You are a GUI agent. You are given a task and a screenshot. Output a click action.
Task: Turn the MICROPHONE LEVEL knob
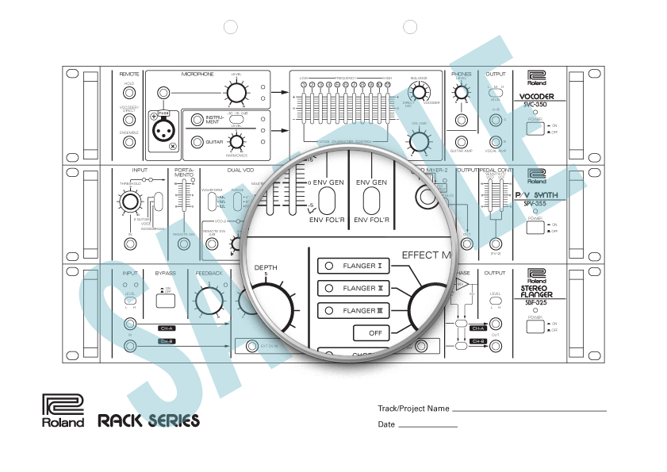coord(235,93)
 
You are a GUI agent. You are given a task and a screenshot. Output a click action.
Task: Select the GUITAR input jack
coord(195,142)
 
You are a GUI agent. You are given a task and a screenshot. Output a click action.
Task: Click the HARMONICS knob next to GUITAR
coord(235,142)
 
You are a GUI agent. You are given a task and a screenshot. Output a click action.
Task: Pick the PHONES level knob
coord(461,93)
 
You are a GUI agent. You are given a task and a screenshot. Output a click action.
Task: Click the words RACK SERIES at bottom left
coord(149,420)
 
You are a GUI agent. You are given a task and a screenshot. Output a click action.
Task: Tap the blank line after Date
coord(427,427)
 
